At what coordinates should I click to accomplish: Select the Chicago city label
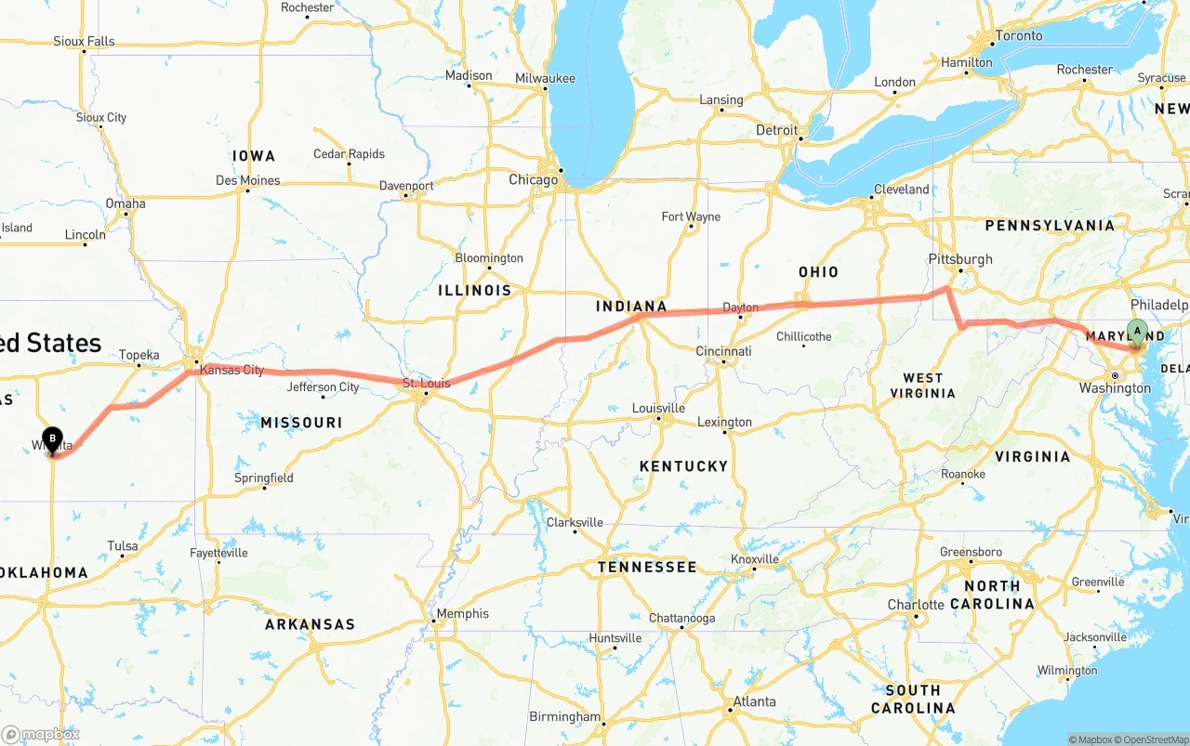(x=533, y=180)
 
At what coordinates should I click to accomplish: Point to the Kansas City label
(x=231, y=370)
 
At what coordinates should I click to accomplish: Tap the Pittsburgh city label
(x=960, y=259)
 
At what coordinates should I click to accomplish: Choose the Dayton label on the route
(x=740, y=308)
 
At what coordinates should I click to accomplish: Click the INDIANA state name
(x=631, y=307)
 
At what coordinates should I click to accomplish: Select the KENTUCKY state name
(x=683, y=465)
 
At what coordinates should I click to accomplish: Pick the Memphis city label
(x=462, y=613)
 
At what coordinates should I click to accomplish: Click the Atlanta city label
(x=754, y=701)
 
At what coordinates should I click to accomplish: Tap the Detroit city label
(x=776, y=130)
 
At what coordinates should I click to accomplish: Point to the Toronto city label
(x=1019, y=36)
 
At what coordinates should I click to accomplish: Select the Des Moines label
(x=247, y=180)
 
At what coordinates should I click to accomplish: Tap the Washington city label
(x=1115, y=388)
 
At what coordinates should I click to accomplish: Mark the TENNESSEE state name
(x=647, y=567)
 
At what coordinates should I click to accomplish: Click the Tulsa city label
(x=123, y=546)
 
